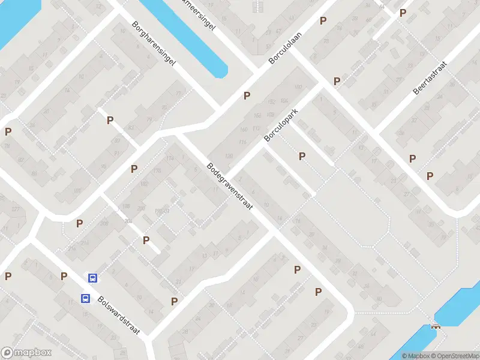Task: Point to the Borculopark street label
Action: click(281, 125)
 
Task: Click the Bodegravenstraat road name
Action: click(230, 186)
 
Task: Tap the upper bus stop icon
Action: click(93, 278)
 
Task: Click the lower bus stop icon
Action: click(85, 298)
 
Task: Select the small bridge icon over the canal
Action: click(436, 326)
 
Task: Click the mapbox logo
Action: click(26, 353)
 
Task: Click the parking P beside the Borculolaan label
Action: click(247, 95)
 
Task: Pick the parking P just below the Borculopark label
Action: click(302, 156)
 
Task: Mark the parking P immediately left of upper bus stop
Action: click(64, 276)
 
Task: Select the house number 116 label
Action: click(242, 142)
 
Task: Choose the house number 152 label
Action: click(271, 101)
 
